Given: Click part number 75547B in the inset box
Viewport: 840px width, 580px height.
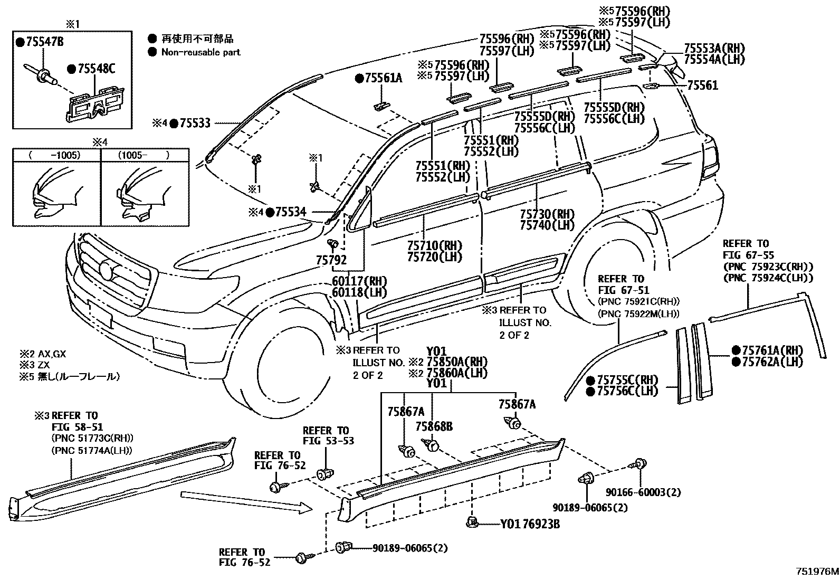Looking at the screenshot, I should click(43, 42).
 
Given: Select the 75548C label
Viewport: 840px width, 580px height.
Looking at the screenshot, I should click(95, 68).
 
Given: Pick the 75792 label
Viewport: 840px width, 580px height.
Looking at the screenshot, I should click(331, 260).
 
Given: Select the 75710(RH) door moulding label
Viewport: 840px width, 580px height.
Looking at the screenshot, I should click(434, 246).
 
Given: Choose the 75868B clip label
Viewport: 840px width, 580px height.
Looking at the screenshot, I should click(434, 426).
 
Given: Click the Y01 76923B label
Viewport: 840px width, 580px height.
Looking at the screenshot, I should click(530, 524).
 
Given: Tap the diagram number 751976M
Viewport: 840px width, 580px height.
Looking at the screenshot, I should click(817, 571).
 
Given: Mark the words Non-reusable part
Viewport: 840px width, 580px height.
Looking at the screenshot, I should click(201, 52).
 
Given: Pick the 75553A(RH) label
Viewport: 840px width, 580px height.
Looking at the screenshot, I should click(714, 48).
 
